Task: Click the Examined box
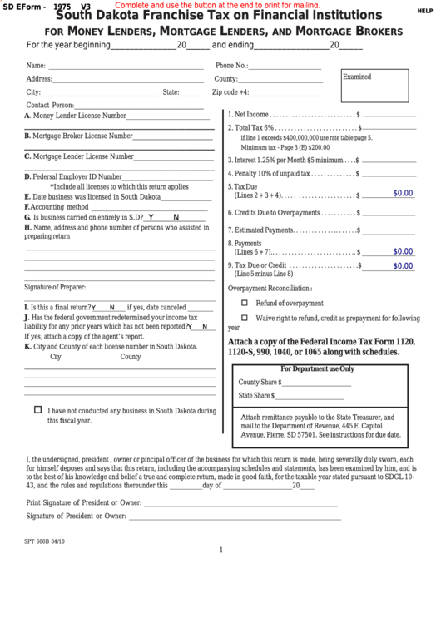point(374,85)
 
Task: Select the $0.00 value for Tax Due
point(403,193)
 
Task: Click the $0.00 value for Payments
point(403,250)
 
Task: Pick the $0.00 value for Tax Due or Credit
point(403,266)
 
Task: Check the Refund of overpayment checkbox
point(245,303)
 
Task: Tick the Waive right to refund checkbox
point(245,318)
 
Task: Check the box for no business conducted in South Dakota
point(38,410)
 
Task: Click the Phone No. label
point(232,65)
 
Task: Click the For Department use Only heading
point(317,368)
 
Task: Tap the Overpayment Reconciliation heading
point(270,288)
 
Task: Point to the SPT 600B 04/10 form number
point(50,540)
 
